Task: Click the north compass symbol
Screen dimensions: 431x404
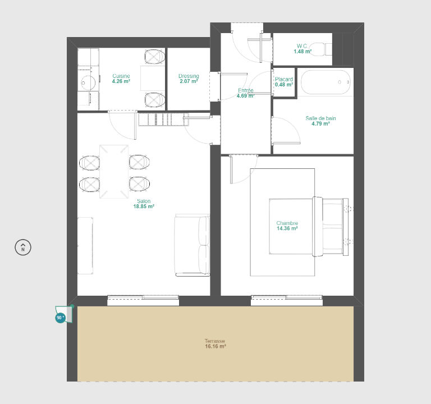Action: [x=23, y=247]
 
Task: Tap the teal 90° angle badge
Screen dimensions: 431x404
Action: [x=60, y=318]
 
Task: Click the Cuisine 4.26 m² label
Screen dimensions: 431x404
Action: [x=121, y=79]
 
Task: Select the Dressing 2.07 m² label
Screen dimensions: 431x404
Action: [x=189, y=79]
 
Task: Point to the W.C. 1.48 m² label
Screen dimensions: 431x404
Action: [x=302, y=49]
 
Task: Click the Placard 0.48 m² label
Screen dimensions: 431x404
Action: [x=284, y=82]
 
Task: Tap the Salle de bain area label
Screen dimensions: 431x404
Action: [x=320, y=121]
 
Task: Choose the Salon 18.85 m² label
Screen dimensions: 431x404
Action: [x=144, y=204]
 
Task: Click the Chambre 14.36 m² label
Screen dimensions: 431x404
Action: [x=287, y=226]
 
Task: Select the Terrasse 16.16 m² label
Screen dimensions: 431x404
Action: [x=215, y=343]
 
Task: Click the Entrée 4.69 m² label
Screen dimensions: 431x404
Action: [x=245, y=93]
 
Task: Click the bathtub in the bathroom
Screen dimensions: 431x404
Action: [x=325, y=82]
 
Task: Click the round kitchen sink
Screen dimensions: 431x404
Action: [x=88, y=82]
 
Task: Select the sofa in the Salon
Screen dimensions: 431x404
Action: [x=192, y=245]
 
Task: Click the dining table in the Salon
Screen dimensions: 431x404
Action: [x=114, y=172]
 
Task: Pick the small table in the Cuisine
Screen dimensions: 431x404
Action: [x=153, y=78]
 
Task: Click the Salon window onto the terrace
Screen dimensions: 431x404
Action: [x=143, y=300]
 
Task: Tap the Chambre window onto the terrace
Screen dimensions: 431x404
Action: [x=287, y=300]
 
